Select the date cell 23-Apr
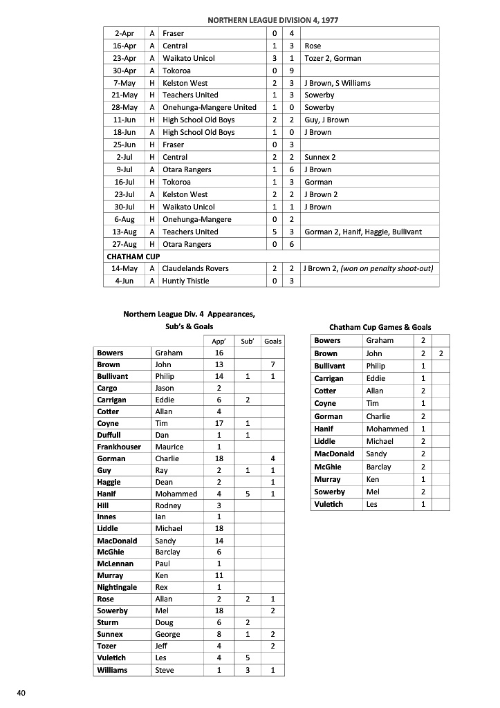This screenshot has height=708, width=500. [124, 58]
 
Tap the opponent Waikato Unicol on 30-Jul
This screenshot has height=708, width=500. [188, 207]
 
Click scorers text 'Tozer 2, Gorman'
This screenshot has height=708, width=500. [333, 58]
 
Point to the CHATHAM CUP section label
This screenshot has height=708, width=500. [133, 257]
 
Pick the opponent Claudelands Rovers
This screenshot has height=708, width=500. [195, 268]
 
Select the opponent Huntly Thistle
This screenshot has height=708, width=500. [185, 281]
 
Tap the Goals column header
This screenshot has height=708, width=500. [273, 341]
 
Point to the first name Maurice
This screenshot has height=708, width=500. [169, 447]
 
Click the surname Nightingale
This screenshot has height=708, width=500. [117, 587]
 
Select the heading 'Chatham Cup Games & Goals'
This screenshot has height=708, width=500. [380, 327]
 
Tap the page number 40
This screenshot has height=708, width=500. [21, 693]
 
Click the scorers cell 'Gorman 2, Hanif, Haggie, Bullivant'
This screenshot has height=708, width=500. [362, 232]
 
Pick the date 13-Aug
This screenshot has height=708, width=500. [124, 232]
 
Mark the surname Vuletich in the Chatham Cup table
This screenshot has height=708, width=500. [328, 504]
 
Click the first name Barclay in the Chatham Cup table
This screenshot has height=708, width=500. [379, 467]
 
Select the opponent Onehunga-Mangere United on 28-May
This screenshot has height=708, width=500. [209, 107]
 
